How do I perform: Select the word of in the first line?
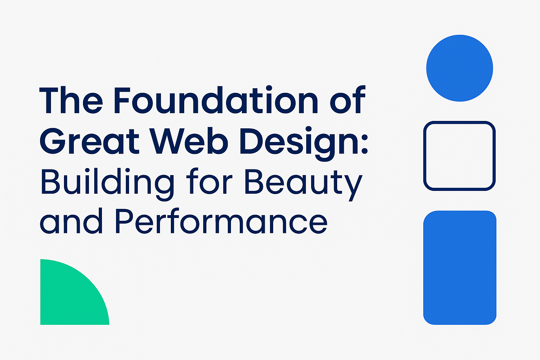tap(347, 101)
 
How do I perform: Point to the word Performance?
tap(221, 221)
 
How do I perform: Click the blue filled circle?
tap(459, 68)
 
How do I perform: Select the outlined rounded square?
tap(459, 156)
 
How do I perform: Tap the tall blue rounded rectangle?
tap(459, 268)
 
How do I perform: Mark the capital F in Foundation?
tap(123, 101)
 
